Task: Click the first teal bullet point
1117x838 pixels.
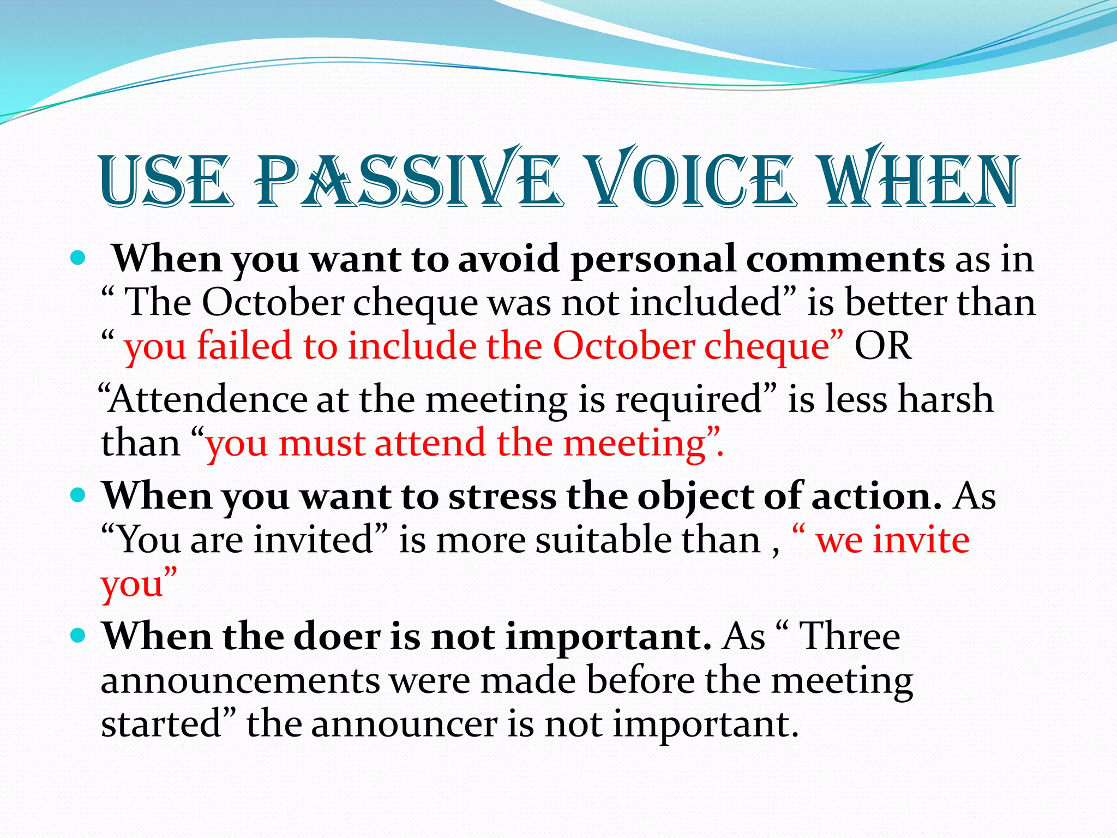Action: pyautogui.click(x=79, y=258)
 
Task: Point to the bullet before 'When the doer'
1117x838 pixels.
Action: pyautogui.click(x=79, y=636)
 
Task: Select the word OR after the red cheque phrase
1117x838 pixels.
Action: pyautogui.click(x=882, y=346)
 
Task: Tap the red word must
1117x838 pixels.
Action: pyautogui.click(x=322, y=443)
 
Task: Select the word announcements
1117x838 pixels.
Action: pyautogui.click(x=241, y=681)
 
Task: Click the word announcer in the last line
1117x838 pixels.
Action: pyautogui.click(x=404, y=725)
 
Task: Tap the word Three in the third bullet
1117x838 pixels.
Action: pyautogui.click(x=849, y=637)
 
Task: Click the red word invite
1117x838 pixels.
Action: pyautogui.click(x=921, y=540)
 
